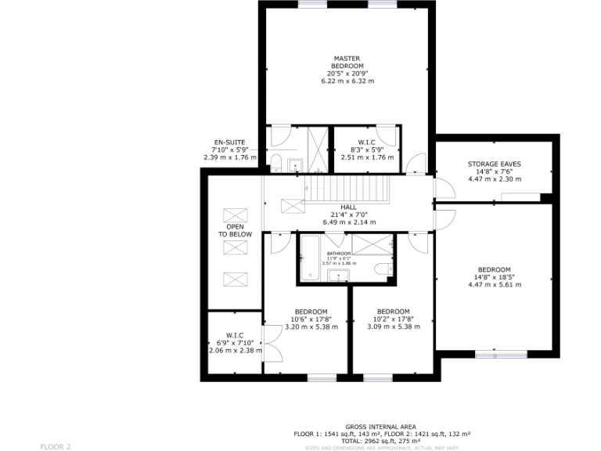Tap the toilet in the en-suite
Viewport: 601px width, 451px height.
(x=276, y=163)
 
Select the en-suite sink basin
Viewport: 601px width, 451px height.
(x=294, y=164)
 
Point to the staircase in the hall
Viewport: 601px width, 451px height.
(x=346, y=189)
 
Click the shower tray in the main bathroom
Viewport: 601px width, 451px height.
(x=371, y=244)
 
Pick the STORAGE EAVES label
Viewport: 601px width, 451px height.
(x=494, y=164)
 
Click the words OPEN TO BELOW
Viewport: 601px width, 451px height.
(x=235, y=231)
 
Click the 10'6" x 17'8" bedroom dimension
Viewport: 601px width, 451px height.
(x=311, y=319)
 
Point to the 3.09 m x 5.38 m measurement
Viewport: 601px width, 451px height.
(x=393, y=327)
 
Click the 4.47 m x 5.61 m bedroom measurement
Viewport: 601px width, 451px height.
(x=494, y=284)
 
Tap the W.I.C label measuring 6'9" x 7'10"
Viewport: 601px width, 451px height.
(x=235, y=334)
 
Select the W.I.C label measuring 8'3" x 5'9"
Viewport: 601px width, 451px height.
(x=365, y=142)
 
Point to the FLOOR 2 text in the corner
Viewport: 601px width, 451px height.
(x=56, y=446)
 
